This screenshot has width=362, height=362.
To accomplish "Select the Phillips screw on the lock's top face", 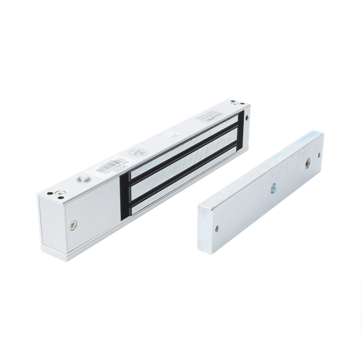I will pyautogui.click(x=61, y=193).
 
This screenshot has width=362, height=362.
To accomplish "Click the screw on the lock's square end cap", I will pyautogui.click(x=74, y=223).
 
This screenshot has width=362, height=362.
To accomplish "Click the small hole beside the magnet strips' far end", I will pyautogui.click(x=247, y=117).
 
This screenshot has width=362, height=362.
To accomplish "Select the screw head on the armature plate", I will pyautogui.click(x=308, y=162).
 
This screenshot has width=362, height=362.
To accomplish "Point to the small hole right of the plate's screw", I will pyautogui.click(x=319, y=155).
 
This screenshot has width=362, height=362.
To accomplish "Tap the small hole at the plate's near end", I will pyautogui.click(x=217, y=228).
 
